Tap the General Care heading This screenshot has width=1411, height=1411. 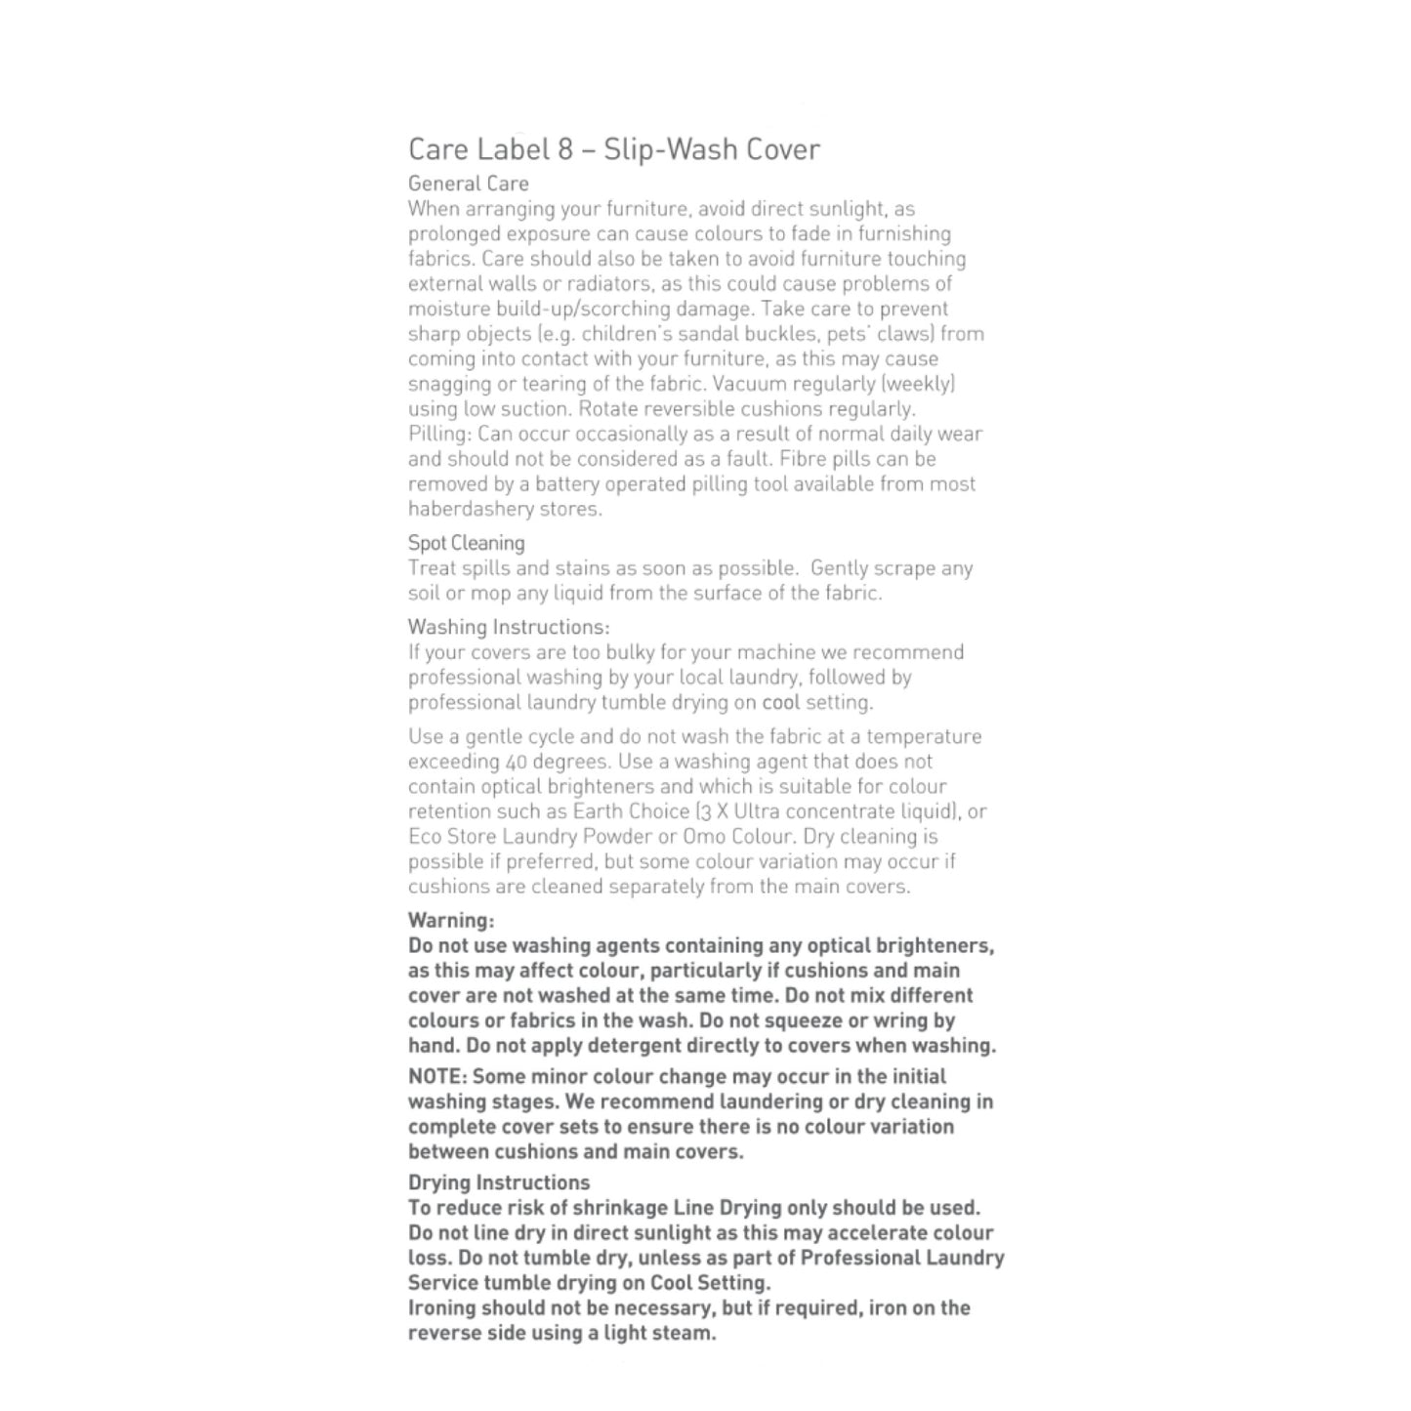click(468, 184)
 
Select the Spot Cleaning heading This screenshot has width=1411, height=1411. click(466, 543)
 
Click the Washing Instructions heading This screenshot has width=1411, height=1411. click(509, 627)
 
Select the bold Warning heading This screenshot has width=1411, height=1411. click(451, 920)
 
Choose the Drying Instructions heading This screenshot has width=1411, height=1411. click(499, 1183)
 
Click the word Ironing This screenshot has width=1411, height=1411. click(441, 1308)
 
